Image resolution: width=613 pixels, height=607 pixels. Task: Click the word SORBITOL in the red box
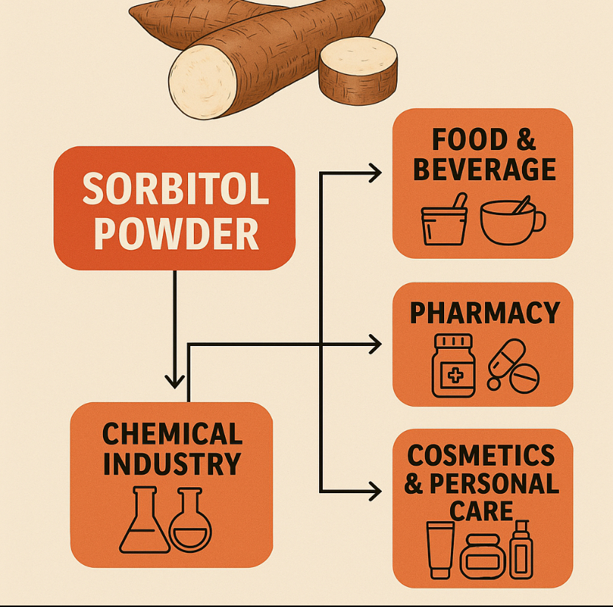(175, 190)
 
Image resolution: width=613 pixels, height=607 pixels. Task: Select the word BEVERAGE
(483, 169)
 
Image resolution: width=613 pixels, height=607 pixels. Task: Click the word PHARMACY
(485, 313)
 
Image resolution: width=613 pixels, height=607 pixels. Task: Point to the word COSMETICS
(481, 455)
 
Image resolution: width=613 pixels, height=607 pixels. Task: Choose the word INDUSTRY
(172, 464)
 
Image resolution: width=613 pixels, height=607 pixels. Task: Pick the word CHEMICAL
(172, 434)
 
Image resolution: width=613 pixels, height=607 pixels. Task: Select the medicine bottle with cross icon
(452, 365)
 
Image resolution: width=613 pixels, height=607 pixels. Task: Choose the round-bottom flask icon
(190, 521)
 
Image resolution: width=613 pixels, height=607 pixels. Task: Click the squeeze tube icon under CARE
(440, 549)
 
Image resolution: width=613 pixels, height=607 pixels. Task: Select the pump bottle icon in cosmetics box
(522, 549)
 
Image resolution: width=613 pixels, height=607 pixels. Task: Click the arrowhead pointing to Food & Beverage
(374, 174)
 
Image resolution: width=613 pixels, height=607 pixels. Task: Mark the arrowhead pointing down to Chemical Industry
(175, 380)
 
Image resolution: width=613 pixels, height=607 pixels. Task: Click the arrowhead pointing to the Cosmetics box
(374, 490)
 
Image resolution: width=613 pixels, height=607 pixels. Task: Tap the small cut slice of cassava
(358, 70)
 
